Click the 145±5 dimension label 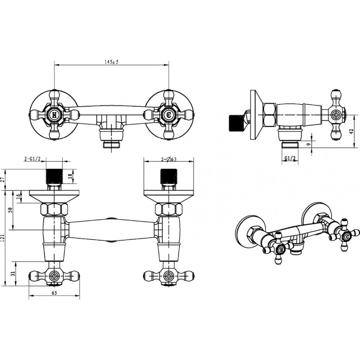pos(111,62)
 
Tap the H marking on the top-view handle pos(54,115)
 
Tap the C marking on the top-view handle pos(169,115)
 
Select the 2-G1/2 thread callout pos(32,159)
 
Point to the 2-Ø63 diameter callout pos(169,159)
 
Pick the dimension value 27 pos(3,180)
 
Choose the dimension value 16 pos(18,197)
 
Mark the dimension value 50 pos(10,210)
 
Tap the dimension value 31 pos(13,273)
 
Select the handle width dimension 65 pos(54,293)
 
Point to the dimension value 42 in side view pos(351,131)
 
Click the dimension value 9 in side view pos(309,144)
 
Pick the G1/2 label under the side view pos(290,158)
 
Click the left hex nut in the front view pos(54,209)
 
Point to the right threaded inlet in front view pos(169,176)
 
